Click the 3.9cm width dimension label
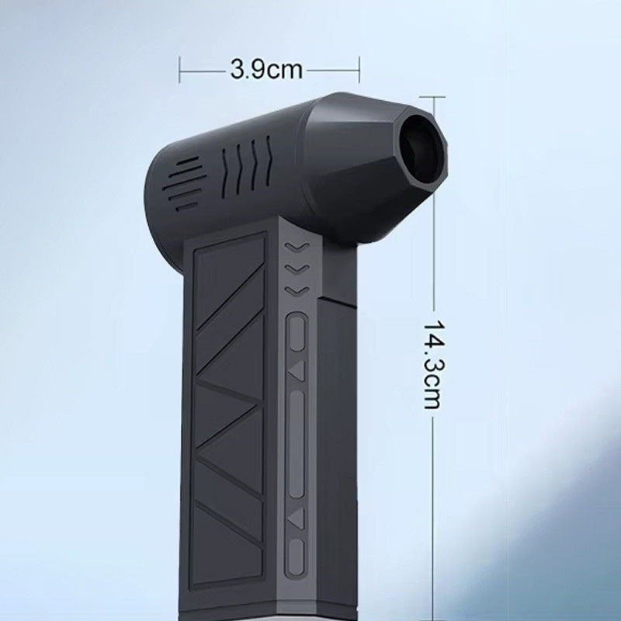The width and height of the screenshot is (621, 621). pos(266,70)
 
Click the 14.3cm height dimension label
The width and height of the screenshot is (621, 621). pos(432,364)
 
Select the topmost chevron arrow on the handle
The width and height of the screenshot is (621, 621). pos(297,248)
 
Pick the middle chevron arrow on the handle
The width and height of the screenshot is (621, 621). pos(297,269)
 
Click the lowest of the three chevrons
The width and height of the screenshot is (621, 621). pos(297,291)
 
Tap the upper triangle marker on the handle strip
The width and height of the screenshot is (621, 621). pos(297,371)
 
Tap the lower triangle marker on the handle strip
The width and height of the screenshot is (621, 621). pos(297,518)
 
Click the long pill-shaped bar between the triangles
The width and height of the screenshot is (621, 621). pos(297,443)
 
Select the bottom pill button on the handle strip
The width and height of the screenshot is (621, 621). pos(297,557)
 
